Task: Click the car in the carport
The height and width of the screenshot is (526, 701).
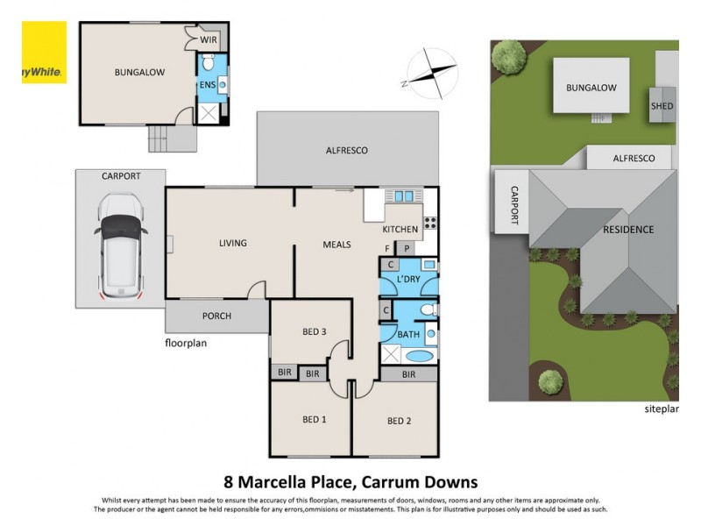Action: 120,244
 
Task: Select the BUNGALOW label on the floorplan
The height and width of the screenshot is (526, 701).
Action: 139,72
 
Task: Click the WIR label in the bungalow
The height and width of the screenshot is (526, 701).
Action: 209,40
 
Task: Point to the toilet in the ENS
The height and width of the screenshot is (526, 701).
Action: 209,64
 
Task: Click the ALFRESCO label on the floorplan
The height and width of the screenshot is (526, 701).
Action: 347,150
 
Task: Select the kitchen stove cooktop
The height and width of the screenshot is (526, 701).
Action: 430,222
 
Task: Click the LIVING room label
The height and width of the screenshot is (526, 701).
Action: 234,243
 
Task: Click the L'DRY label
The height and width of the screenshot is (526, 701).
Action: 408,278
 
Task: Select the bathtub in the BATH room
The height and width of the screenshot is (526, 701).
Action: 419,356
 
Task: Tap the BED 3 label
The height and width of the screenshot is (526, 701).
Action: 315,331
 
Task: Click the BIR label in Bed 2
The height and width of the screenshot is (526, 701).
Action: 408,374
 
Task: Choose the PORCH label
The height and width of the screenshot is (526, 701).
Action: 216,316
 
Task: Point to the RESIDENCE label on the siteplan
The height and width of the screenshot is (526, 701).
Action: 627,230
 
